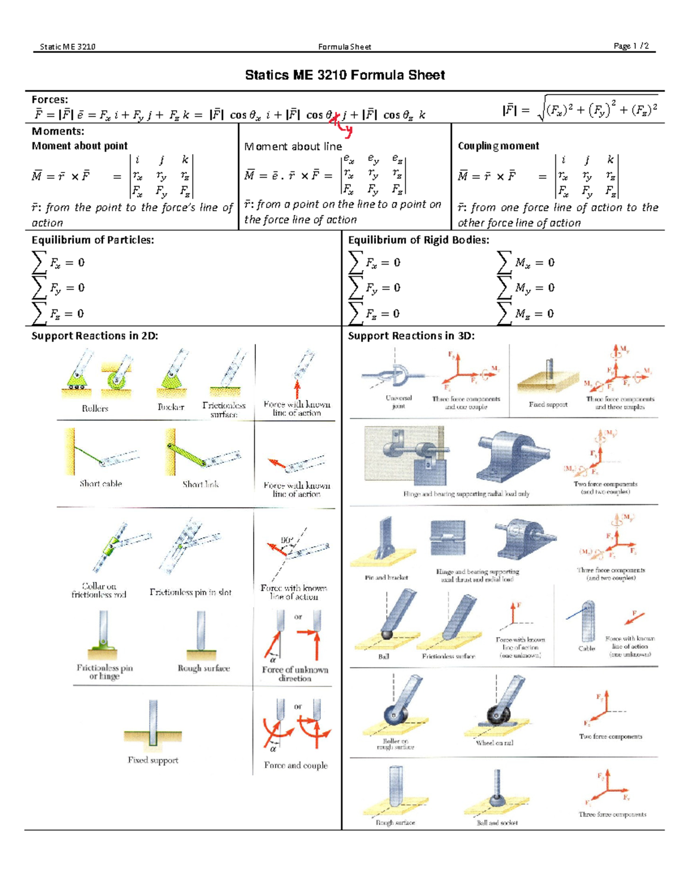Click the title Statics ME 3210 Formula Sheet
tap(345, 75)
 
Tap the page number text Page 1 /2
tap(631, 46)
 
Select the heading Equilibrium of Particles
tap(93, 240)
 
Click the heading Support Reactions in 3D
tap(411, 336)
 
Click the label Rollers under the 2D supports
tap(95, 408)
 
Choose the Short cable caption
tap(101, 484)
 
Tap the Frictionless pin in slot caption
tap(190, 592)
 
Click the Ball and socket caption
tap(497, 823)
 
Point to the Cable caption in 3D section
tap(586, 648)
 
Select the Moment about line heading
tap(293, 147)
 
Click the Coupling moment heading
tap(498, 146)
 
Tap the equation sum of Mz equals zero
tap(526, 313)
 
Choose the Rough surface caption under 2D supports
tap(204, 668)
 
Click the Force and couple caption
tap(296, 765)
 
